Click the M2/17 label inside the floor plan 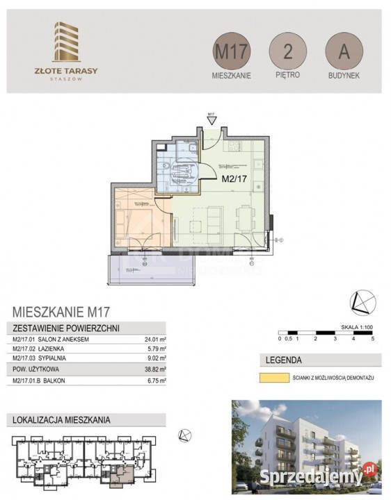click(x=234, y=178)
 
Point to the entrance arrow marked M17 click(x=211, y=121)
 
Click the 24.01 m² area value click(x=153, y=338)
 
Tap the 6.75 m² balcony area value click(x=154, y=381)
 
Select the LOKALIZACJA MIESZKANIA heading click(x=62, y=419)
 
